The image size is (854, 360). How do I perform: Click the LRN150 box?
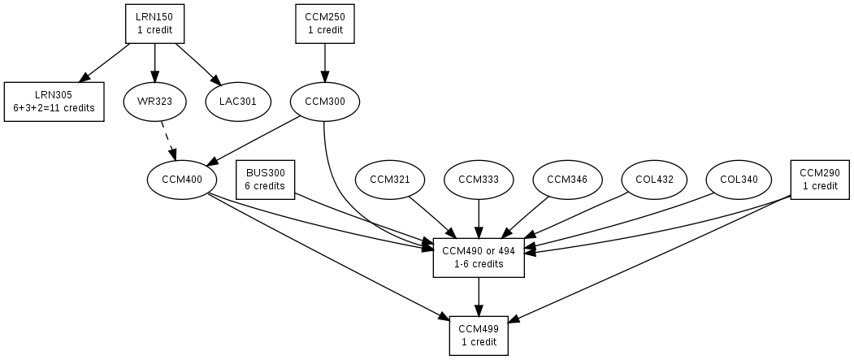(x=154, y=24)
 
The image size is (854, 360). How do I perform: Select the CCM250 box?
(x=325, y=24)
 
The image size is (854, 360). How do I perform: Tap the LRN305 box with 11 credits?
(x=54, y=102)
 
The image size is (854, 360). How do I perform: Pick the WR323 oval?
(x=154, y=102)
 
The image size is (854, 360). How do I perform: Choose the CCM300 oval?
(x=324, y=102)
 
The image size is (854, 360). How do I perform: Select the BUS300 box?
(x=265, y=179)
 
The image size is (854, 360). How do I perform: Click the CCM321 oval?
(x=390, y=179)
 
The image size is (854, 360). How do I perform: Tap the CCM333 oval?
(x=479, y=179)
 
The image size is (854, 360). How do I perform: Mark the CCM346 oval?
(x=567, y=179)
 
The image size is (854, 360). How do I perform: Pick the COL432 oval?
(x=654, y=179)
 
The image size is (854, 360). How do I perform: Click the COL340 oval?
(x=739, y=179)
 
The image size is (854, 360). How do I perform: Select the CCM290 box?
(x=819, y=179)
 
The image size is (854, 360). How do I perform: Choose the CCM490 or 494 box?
(x=479, y=257)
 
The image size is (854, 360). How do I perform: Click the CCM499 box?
(x=479, y=335)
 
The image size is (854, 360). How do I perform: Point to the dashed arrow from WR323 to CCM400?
(x=167, y=140)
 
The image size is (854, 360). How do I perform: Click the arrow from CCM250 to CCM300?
(x=325, y=63)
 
